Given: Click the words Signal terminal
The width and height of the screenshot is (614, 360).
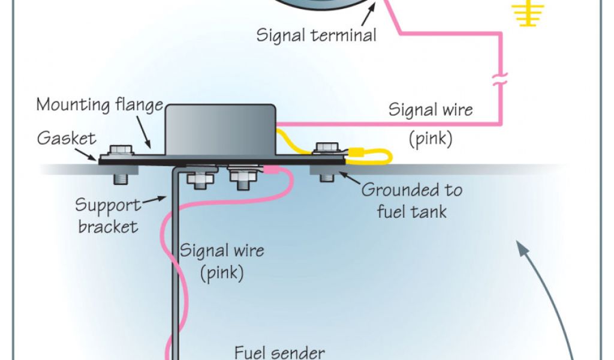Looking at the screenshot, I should tap(316, 35).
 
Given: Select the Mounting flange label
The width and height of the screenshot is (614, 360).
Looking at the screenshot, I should tap(100, 105).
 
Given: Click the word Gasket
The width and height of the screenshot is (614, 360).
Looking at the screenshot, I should tap(67, 139).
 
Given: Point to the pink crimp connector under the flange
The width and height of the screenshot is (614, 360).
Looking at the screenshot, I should tap(270, 170).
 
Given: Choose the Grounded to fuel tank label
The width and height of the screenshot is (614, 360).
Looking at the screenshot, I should tap(411, 200).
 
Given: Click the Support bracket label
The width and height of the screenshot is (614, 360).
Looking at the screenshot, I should tap(107, 215).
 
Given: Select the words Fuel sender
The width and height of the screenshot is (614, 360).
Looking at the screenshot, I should tap(279, 352).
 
